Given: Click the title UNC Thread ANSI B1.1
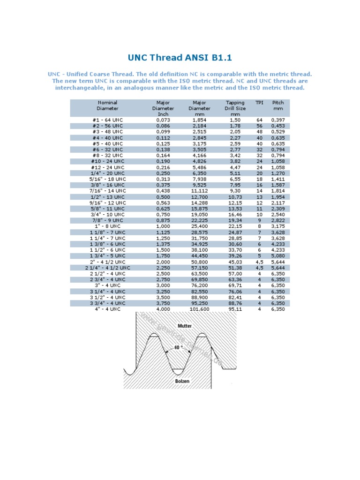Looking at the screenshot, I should click(180, 58).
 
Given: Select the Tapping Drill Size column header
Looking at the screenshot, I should click(235, 108).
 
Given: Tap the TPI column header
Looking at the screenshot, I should click(259, 103).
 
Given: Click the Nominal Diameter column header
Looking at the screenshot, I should click(107, 105).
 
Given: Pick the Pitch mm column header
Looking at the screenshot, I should click(278, 105).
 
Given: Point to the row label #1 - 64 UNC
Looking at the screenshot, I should click(107, 120).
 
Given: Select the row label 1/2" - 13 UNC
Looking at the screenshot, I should click(107, 197).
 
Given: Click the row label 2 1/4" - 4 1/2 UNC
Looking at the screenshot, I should click(107, 268).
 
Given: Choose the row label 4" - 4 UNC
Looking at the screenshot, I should click(107, 309).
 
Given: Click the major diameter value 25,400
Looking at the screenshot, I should click(199, 226).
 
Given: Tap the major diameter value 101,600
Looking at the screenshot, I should click(199, 309).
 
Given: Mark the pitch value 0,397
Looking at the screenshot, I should click(278, 120).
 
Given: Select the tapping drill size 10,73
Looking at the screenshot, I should click(235, 197).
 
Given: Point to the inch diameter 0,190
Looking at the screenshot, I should click(163, 161).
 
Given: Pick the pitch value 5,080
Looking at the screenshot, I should click(278, 256).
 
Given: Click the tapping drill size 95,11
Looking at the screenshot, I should click(235, 309).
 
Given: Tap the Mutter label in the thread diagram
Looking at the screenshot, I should click(185, 325).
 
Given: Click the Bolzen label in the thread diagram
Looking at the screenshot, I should click(182, 381).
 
